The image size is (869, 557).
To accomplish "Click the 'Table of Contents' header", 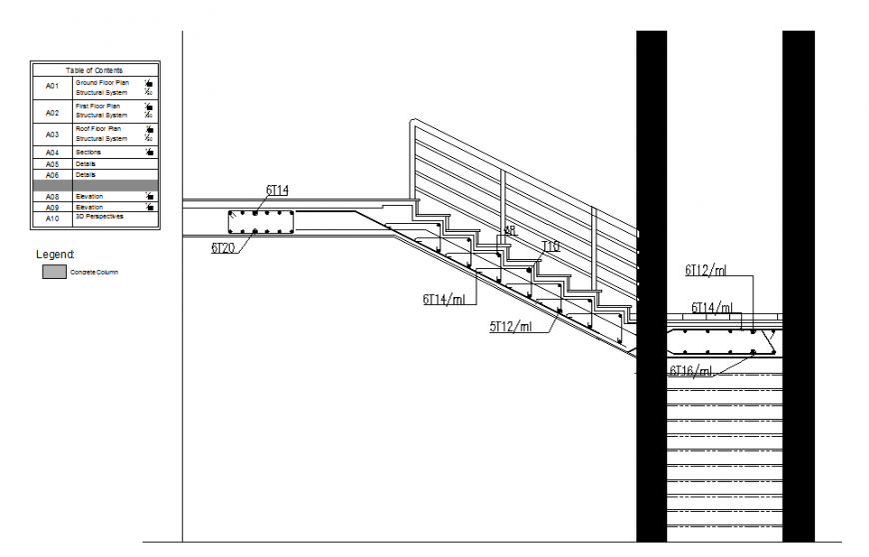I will (94, 70).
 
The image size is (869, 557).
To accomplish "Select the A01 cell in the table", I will (53, 86).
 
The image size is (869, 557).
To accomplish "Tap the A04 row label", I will (53, 152).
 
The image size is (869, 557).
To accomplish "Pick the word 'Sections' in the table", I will (89, 152).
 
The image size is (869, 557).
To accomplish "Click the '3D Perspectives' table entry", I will (100, 216).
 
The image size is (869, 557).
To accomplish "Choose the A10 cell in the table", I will (53, 218).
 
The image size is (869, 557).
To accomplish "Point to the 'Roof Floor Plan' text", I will (98, 129).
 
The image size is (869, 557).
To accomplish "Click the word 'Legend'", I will (55, 255).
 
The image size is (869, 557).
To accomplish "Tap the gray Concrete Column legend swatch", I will (54, 271).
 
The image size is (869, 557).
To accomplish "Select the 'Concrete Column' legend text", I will (94, 272).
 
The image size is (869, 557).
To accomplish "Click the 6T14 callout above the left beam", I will (277, 189).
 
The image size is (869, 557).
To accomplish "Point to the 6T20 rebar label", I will (223, 247).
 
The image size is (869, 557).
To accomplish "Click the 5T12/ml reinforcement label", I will (509, 325).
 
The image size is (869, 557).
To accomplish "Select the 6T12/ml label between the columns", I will (705, 269).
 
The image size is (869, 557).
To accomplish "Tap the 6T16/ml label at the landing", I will (691, 371).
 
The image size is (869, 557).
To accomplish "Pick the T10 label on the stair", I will (550, 246).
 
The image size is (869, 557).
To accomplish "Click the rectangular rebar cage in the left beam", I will (259, 223).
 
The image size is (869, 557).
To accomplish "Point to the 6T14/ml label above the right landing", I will (712, 308).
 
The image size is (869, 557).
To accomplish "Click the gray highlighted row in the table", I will (94, 185).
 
